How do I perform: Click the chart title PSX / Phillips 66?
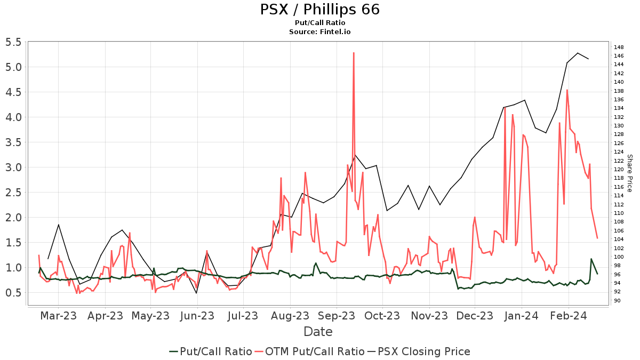320,10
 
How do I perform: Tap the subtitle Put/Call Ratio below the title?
320,23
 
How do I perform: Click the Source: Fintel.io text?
320,32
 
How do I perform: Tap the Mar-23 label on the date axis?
59,316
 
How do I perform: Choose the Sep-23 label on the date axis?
336,316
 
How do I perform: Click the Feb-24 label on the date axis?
568,316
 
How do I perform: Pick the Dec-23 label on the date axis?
475,316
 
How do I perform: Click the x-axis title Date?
318,332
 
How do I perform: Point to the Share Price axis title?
629,173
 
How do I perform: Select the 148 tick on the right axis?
619,47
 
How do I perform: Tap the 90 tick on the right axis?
618,301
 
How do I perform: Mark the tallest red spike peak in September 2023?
354,53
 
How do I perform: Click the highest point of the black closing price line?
578,53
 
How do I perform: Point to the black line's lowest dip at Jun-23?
196,293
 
